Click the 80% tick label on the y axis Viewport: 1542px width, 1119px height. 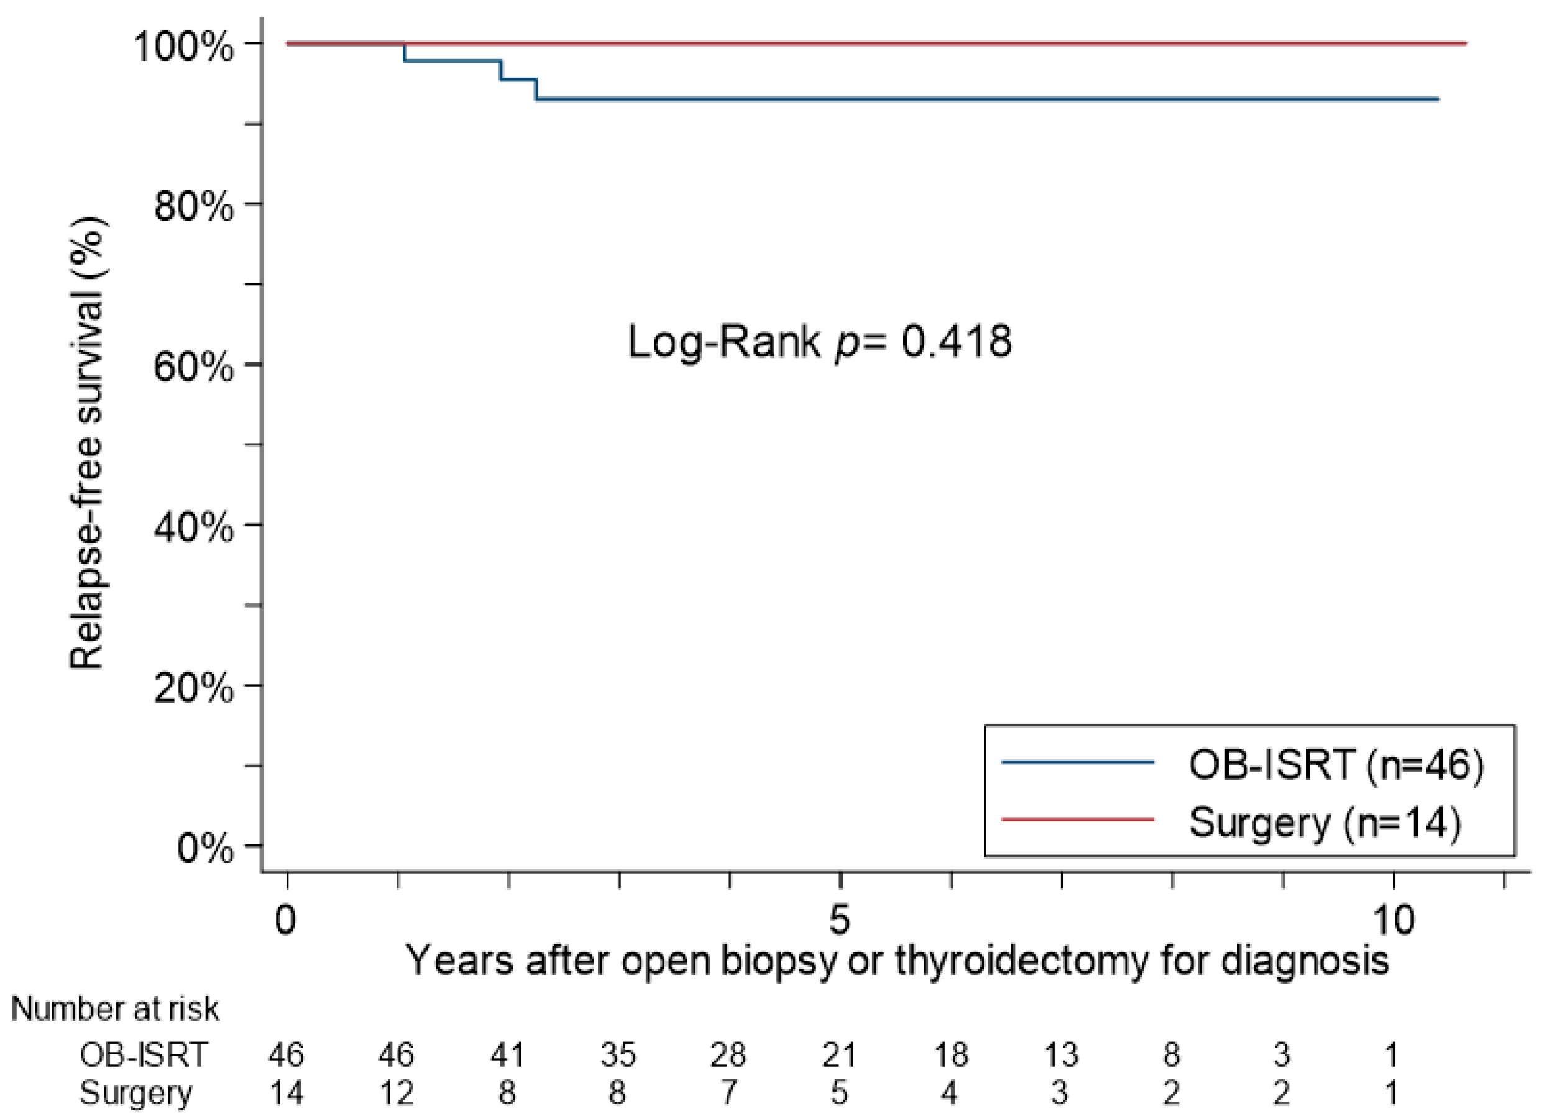(x=194, y=205)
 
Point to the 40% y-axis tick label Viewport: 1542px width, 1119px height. (x=194, y=527)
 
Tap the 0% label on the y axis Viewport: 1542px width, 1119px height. (x=204, y=847)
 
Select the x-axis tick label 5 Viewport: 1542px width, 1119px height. (x=840, y=920)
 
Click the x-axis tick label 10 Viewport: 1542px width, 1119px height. (x=1393, y=920)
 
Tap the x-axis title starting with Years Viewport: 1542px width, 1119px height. (x=897, y=961)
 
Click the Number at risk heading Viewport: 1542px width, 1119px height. (x=115, y=1010)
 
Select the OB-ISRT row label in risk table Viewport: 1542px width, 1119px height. (x=144, y=1055)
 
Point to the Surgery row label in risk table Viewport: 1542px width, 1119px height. (x=136, y=1093)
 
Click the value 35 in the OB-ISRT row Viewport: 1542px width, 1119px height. (x=618, y=1055)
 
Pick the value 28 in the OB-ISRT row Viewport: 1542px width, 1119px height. (x=728, y=1055)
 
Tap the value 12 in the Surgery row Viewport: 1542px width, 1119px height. (x=397, y=1093)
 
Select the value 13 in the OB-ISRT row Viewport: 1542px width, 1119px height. (x=1061, y=1055)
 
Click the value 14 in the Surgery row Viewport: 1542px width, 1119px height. (x=287, y=1093)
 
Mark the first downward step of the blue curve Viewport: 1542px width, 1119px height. (x=405, y=52)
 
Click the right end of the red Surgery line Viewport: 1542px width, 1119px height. (x=1465, y=43)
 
